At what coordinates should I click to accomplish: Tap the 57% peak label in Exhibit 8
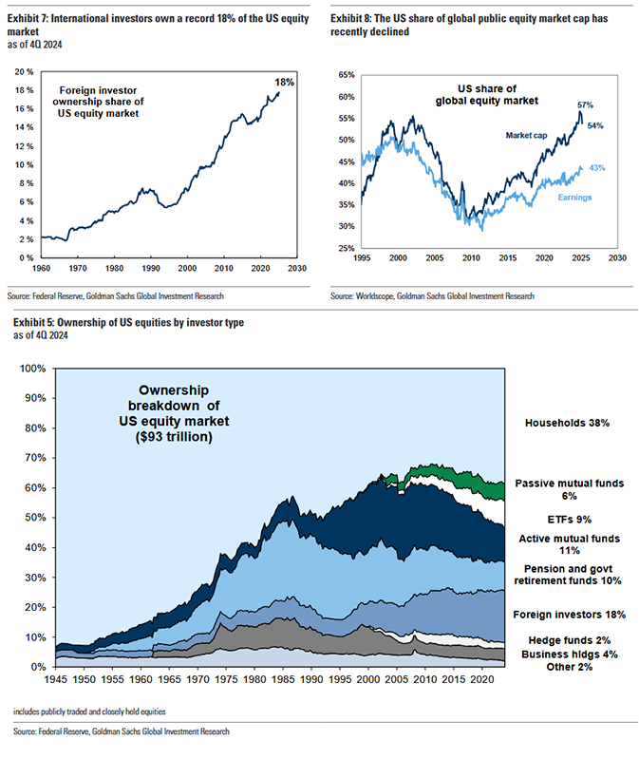(x=585, y=104)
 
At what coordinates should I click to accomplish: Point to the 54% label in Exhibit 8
(x=596, y=125)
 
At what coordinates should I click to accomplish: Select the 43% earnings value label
(x=597, y=168)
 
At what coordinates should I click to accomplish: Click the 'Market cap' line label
(x=512, y=136)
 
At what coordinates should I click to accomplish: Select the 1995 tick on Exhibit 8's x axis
(x=361, y=257)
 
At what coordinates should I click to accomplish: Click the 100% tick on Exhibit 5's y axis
(x=30, y=369)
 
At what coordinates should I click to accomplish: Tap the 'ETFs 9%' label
(x=570, y=519)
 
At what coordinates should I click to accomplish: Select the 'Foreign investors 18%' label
(x=570, y=615)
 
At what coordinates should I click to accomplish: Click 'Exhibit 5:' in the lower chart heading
(x=37, y=323)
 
